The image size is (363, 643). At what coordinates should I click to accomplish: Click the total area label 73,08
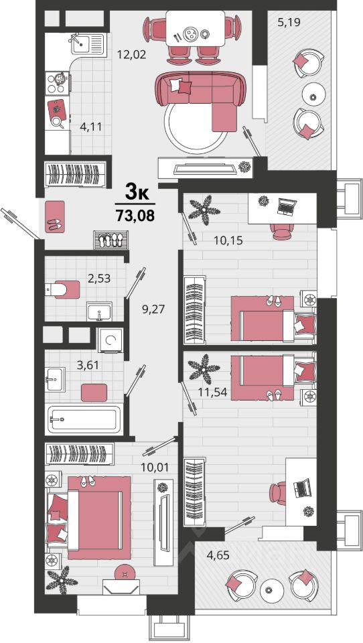(x=135, y=215)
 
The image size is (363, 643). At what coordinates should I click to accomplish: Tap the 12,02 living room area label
(x=131, y=54)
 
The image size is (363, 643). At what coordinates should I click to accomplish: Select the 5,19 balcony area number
(x=289, y=22)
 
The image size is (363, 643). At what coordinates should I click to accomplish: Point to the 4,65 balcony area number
(x=218, y=556)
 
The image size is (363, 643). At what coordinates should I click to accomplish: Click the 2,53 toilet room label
(x=99, y=278)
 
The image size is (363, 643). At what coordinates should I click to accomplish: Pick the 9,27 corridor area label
(x=153, y=309)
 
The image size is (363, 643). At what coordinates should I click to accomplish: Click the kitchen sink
(x=87, y=44)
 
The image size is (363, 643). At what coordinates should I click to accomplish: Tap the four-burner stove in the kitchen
(x=57, y=83)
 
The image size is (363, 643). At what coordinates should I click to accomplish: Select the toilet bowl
(x=62, y=290)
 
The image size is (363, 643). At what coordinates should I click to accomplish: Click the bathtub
(x=85, y=419)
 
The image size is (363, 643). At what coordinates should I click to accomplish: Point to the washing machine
(x=110, y=340)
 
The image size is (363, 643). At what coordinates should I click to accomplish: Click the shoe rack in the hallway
(x=111, y=240)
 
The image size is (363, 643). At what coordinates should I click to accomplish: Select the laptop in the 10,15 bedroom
(x=287, y=207)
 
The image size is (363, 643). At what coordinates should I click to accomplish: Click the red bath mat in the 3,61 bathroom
(x=94, y=393)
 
